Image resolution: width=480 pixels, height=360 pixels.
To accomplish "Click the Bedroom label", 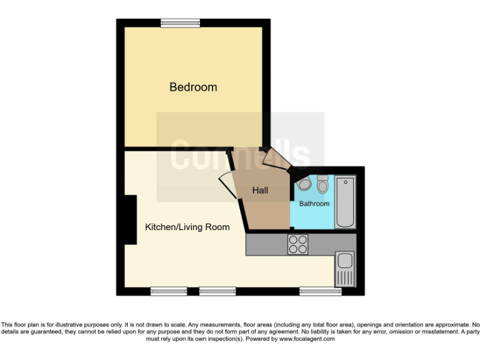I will click(193, 87).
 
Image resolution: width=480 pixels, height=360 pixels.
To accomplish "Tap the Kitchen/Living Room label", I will click(187, 227).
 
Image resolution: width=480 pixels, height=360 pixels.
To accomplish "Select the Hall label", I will click(260, 190).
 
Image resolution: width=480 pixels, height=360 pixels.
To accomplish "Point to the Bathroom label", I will click(314, 204).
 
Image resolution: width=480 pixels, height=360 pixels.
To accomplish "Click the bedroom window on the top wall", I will click(180, 23).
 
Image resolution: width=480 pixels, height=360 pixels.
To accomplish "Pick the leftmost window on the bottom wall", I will click(169, 291).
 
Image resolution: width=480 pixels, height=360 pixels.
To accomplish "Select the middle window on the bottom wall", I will click(217, 291).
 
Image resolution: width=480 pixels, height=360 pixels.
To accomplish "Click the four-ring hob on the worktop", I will click(297, 244).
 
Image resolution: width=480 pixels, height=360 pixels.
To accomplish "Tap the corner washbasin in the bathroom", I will click(304, 184).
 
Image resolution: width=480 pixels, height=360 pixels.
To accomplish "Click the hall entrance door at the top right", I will click(276, 160).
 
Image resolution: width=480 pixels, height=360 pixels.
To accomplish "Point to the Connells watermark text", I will click(240, 155).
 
